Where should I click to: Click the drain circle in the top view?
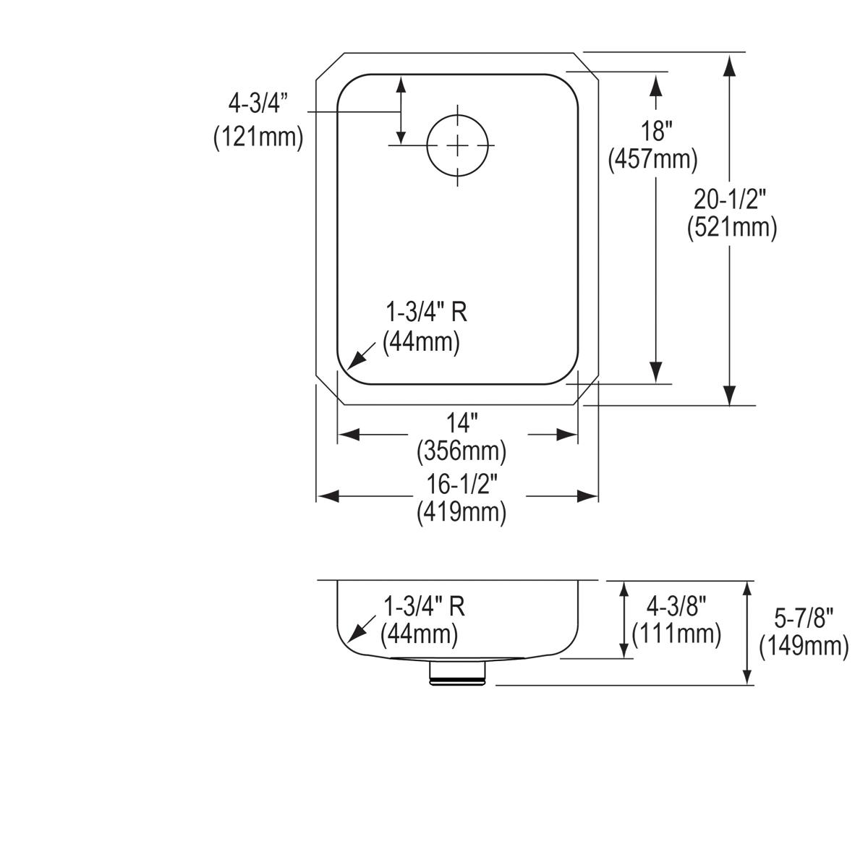457,145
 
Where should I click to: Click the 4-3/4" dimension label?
258,104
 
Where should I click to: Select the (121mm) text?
258,137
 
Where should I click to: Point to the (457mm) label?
652,159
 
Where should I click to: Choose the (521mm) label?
731,228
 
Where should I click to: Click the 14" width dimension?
461,422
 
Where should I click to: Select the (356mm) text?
461,451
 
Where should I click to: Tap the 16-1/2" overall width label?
461,482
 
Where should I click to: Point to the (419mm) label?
461,512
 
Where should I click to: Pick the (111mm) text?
676,634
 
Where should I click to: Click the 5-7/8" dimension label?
803,617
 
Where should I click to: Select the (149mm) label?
803,646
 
